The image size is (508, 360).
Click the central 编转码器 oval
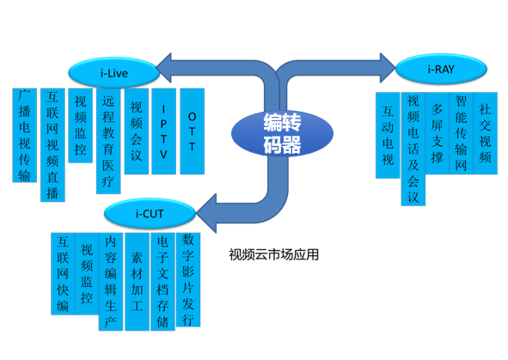pos(282,134)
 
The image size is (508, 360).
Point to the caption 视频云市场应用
pos(273,254)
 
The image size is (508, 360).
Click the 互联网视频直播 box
pos(52,144)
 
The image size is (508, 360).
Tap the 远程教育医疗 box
pos(107,141)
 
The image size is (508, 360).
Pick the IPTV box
pos(163,131)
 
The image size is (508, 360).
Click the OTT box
pos(192,131)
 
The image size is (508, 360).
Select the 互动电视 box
pos(388,135)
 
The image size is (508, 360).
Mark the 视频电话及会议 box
pos(413,149)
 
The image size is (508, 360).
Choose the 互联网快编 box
pos(62,274)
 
